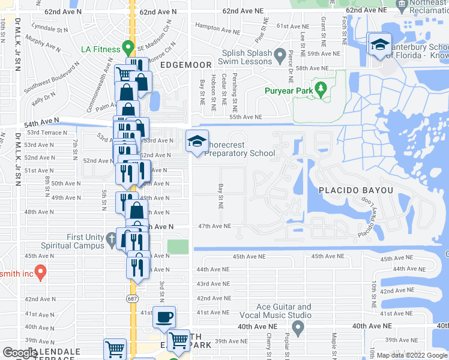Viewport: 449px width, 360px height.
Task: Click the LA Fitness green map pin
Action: (127, 47)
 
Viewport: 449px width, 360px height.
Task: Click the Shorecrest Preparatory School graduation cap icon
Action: (197, 142)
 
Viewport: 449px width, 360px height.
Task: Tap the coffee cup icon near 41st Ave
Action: (164, 317)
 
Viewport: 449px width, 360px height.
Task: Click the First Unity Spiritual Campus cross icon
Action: (111, 239)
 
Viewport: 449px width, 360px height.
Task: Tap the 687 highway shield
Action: (133, 298)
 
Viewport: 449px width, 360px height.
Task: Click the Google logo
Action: (20, 353)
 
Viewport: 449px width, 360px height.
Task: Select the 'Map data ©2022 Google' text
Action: (411, 355)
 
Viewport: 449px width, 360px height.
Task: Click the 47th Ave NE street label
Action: (215, 226)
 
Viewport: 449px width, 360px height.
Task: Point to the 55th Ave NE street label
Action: (246, 118)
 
